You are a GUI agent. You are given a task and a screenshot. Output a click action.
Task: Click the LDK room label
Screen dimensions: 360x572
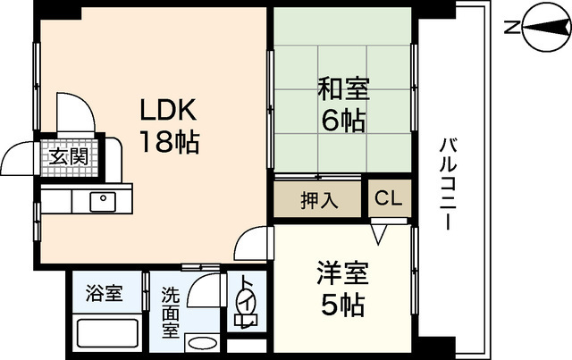pyautogui.click(x=167, y=112)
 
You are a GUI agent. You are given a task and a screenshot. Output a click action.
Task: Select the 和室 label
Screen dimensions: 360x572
pyautogui.click(x=343, y=89)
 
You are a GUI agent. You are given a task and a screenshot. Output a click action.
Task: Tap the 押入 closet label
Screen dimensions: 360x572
pyautogui.click(x=318, y=199)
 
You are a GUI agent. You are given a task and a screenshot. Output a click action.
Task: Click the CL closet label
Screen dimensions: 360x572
pyautogui.click(x=388, y=198)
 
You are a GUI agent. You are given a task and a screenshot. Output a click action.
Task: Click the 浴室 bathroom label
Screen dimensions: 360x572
pyautogui.click(x=104, y=292)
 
